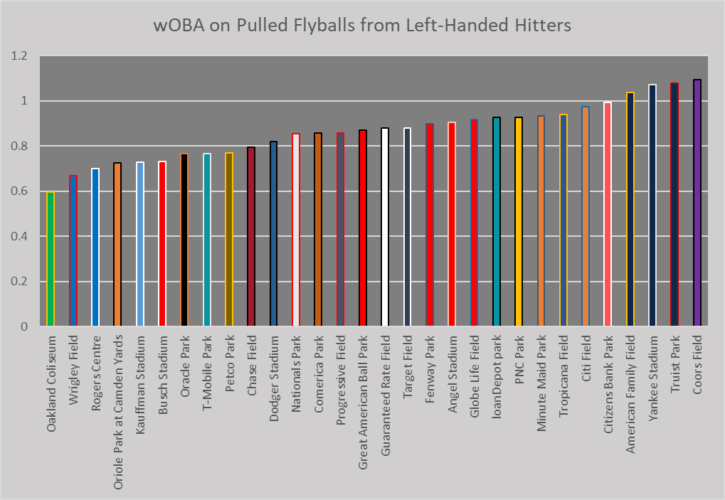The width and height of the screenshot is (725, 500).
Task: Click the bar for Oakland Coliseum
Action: click(x=51, y=260)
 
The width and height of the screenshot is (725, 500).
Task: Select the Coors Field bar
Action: click(x=697, y=203)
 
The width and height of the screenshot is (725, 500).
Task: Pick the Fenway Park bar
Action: click(x=429, y=225)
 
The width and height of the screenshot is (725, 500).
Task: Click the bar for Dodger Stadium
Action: click(x=273, y=234)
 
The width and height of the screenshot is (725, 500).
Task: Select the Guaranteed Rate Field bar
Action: click(x=385, y=228)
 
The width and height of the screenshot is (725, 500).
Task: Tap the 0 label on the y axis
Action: click(x=24, y=326)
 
